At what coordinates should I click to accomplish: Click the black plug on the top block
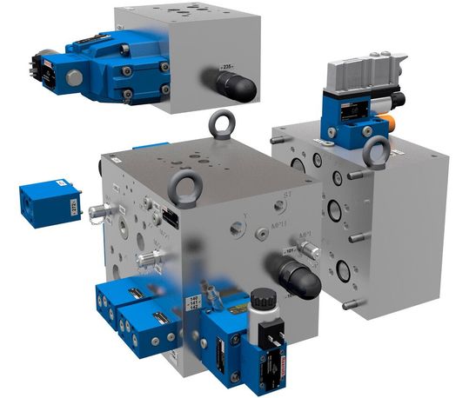coord(236,85)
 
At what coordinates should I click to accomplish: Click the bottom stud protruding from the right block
coord(350,304)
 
